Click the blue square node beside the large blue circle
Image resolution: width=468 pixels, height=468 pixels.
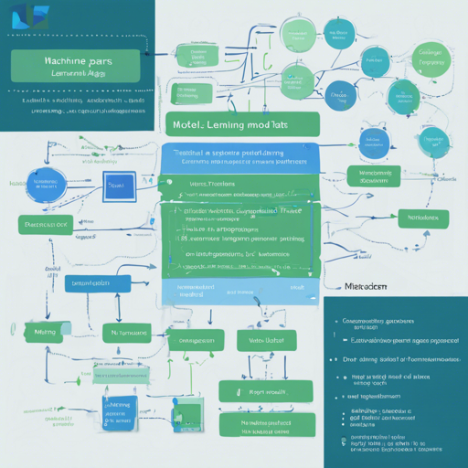pos(119,186)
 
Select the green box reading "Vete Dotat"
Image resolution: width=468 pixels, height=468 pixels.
pos(261,340)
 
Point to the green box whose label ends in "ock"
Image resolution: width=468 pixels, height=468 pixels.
pos(46,224)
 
